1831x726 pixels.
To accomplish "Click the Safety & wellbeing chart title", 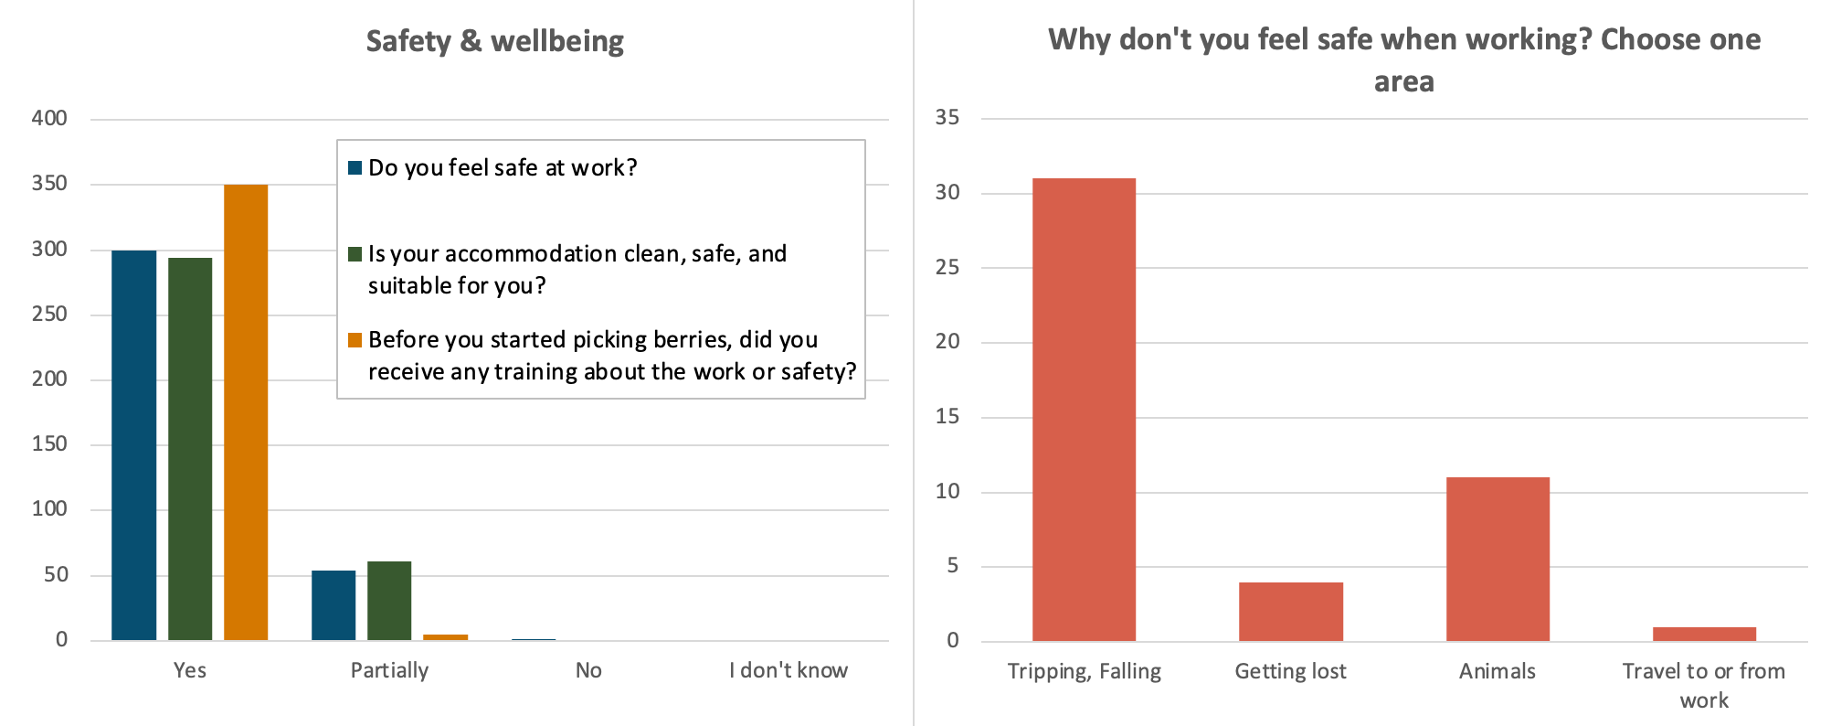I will [494, 41].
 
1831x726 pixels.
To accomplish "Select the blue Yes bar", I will [134, 445].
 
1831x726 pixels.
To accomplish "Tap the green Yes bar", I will [190, 449].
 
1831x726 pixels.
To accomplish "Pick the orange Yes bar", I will [246, 412].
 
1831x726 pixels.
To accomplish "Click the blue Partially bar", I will [333, 605].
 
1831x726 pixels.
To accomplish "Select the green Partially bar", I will [389, 601].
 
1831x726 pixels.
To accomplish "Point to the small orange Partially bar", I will [445, 636].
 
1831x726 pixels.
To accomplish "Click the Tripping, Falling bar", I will [1084, 410].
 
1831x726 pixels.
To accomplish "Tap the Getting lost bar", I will [1290, 612].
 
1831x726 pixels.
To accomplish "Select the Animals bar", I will [1498, 559].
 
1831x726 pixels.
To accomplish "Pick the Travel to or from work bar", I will [1704, 634].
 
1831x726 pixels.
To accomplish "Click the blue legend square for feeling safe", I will [355, 167].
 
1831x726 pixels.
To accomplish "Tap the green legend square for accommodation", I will [355, 253].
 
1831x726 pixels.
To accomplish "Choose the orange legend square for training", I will [355, 340].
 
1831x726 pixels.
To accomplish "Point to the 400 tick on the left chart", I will [49, 118].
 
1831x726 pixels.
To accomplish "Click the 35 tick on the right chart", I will [947, 117].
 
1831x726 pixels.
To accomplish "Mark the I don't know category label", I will [788, 670].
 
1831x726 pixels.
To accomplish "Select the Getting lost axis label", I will [1290, 671].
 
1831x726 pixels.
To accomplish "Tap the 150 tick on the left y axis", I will [49, 443].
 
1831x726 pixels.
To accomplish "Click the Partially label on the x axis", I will [389, 670].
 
